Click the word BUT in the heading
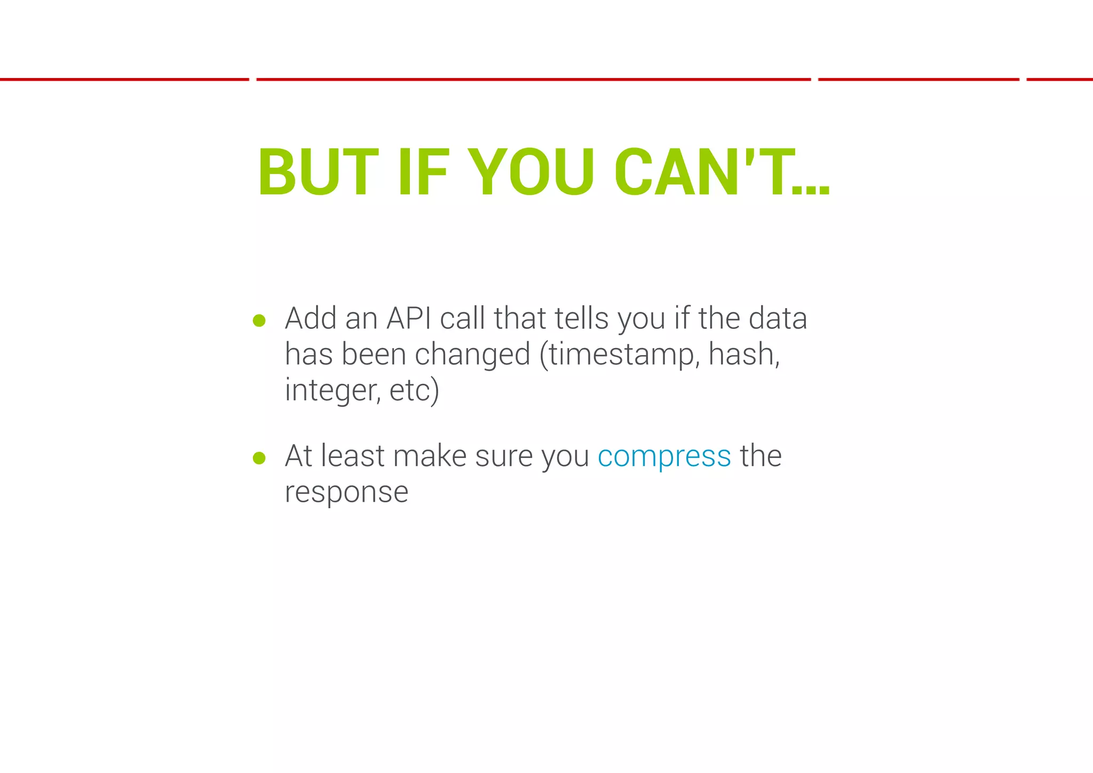point(318,172)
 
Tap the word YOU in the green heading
point(534,172)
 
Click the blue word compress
point(664,456)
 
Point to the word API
point(408,319)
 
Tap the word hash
point(743,354)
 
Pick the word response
point(346,492)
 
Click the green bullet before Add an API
point(259,320)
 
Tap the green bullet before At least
point(259,458)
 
